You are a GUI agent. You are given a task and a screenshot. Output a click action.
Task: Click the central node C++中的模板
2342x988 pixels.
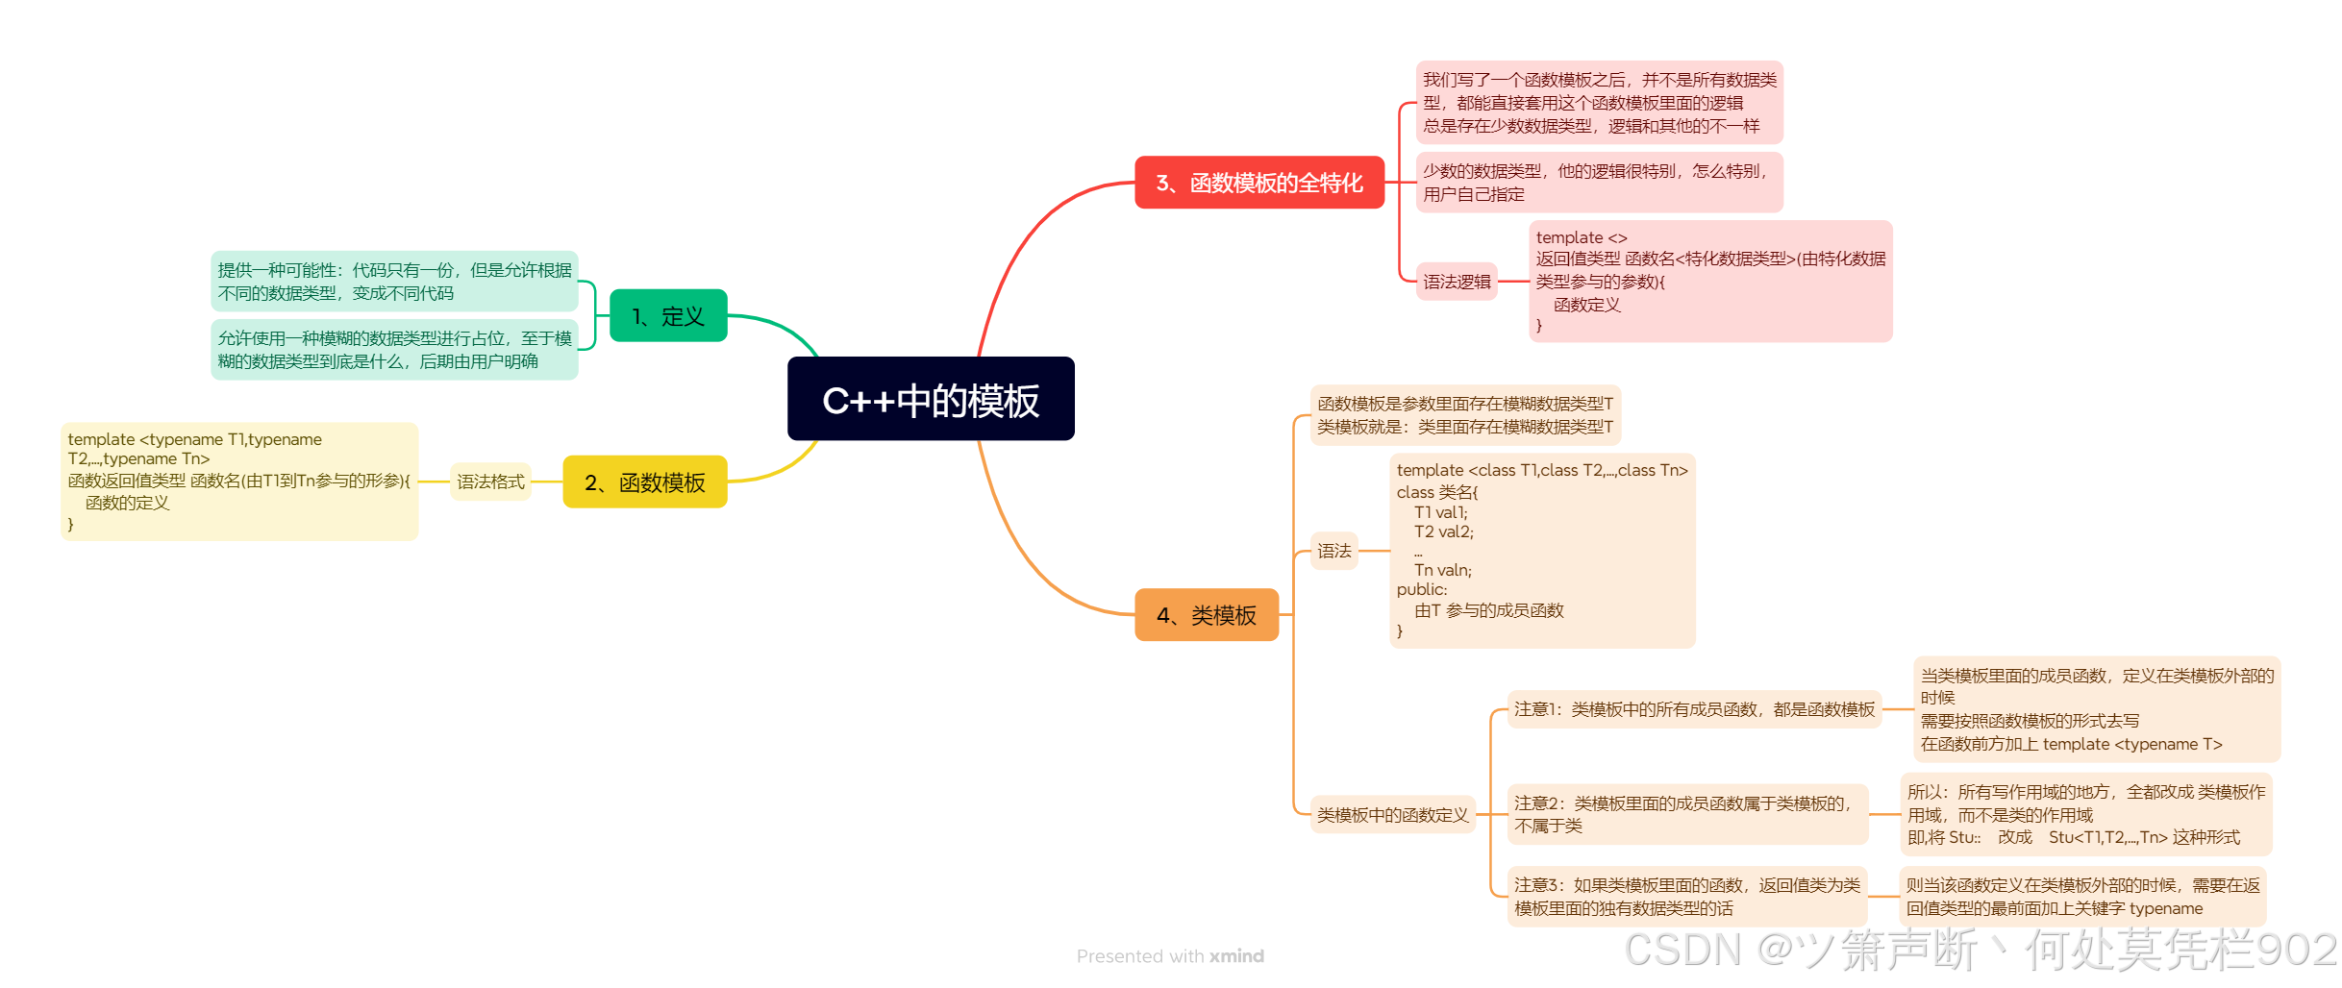tap(931, 399)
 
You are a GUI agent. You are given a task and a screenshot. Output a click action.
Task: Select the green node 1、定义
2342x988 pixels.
tap(668, 315)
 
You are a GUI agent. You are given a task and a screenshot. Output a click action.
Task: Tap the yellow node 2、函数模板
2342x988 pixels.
tap(645, 482)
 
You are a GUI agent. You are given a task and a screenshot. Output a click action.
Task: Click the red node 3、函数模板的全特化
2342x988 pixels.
tap(1258, 183)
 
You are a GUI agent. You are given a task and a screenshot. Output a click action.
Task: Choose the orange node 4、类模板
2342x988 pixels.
tap(1207, 614)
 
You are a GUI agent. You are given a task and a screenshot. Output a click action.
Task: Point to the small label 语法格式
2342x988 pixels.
tap(490, 482)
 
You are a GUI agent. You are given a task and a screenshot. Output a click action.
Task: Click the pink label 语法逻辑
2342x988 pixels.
tap(1457, 282)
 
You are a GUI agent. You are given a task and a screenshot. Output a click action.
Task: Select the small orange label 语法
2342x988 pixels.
tap(1334, 551)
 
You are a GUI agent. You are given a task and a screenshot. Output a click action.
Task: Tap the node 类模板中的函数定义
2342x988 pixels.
tap(1392, 815)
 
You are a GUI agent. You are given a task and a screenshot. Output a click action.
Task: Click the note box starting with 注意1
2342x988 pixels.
tap(1694, 709)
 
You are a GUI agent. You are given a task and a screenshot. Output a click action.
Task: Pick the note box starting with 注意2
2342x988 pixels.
tap(1687, 814)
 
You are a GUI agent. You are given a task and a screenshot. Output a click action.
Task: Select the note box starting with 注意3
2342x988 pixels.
tap(1687, 896)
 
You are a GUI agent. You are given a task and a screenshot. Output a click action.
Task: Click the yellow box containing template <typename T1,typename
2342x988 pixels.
tap(239, 481)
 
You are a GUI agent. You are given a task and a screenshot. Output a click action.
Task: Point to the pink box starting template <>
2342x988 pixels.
tap(1710, 281)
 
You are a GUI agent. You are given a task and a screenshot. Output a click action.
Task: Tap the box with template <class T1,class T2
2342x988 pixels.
tap(1542, 550)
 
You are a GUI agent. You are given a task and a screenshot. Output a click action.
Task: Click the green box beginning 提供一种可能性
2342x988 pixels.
tap(394, 281)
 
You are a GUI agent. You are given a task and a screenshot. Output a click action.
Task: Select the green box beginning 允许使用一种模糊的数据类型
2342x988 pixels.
tap(394, 350)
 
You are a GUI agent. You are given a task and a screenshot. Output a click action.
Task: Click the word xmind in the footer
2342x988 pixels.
tap(1236, 956)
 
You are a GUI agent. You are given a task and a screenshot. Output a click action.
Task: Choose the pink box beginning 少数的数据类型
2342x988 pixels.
tap(1599, 183)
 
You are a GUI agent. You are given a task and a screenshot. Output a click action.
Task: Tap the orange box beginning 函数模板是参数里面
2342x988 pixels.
tap(1465, 415)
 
